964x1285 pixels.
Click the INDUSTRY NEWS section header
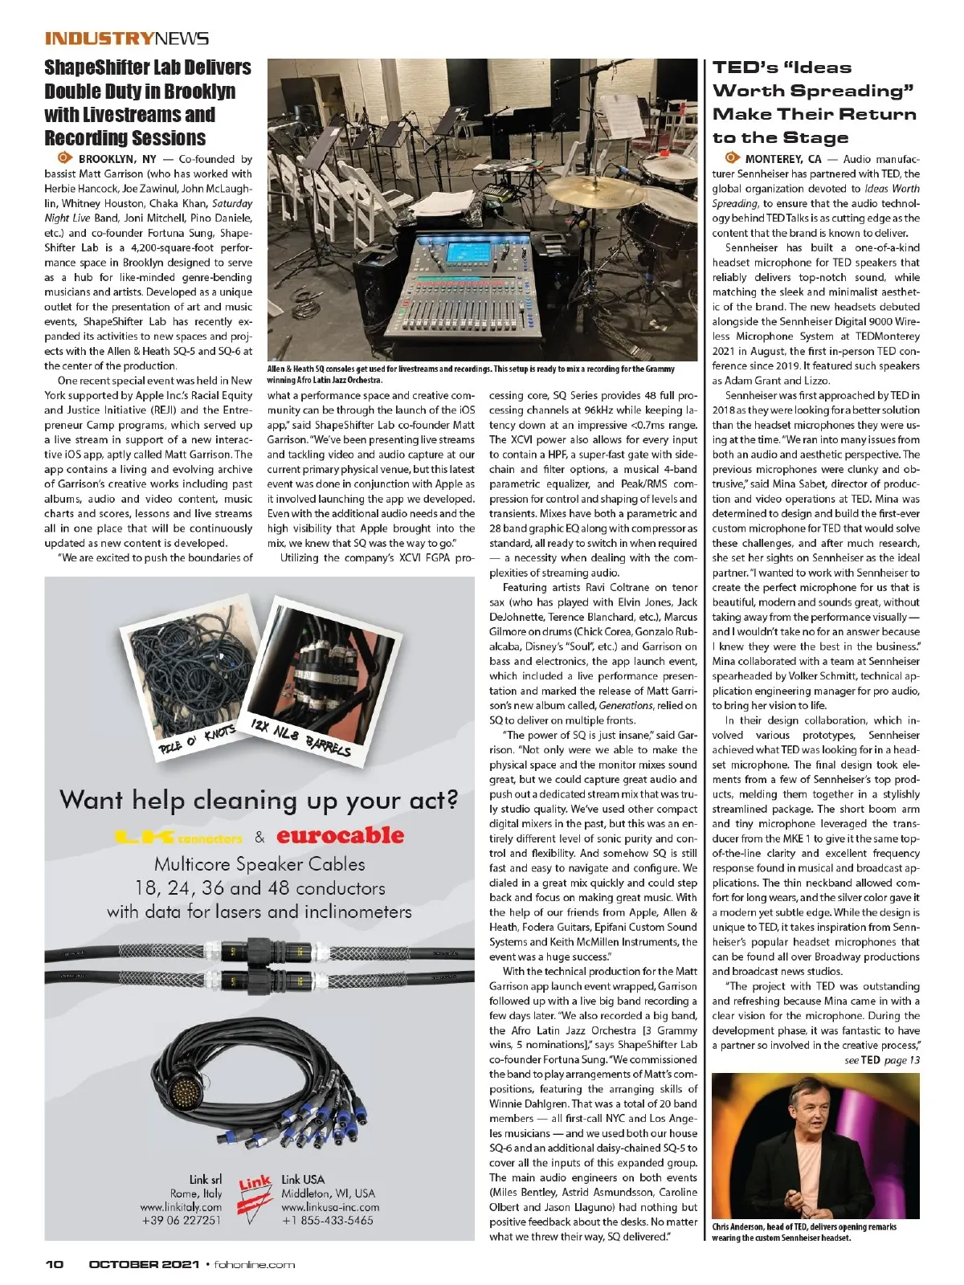click(127, 39)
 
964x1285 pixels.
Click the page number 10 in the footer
click(54, 1264)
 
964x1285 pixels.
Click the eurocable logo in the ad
click(340, 835)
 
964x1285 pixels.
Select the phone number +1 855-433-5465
click(327, 1220)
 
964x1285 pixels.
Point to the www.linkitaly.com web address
click(180, 1207)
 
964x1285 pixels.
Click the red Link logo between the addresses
click(255, 1197)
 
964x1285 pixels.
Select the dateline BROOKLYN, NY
click(117, 159)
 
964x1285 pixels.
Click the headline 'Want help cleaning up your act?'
click(259, 801)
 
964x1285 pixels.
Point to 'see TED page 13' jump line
click(881, 1060)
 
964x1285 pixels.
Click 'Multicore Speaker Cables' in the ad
click(259, 864)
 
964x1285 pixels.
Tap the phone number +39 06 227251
click(180, 1220)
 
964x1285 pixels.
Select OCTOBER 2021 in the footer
click(144, 1264)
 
